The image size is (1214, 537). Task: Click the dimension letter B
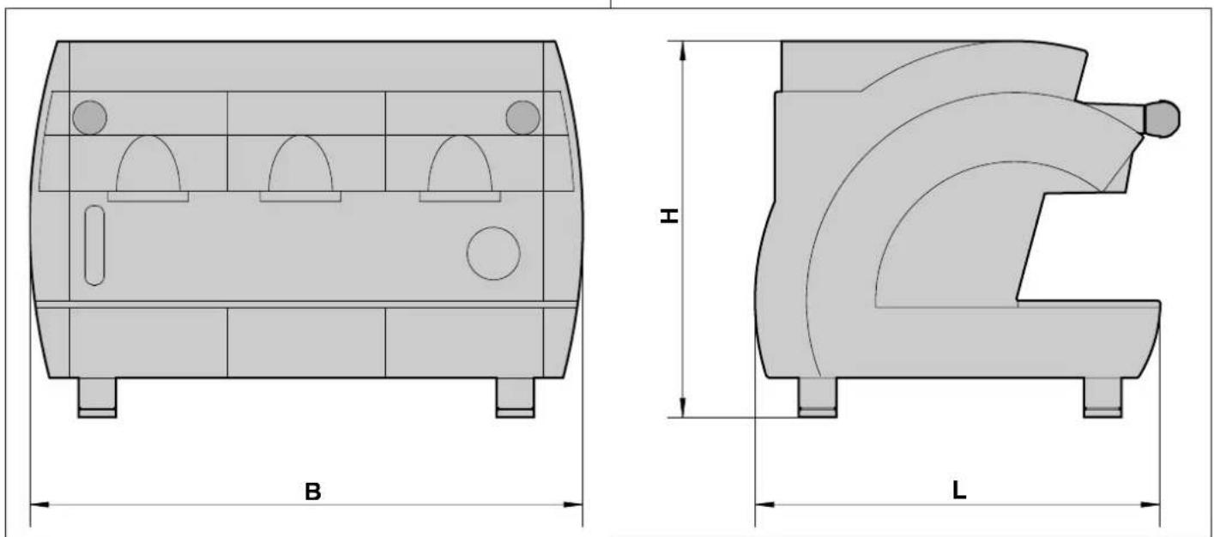point(312,492)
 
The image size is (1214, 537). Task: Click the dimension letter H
point(669,215)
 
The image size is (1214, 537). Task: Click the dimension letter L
point(959,491)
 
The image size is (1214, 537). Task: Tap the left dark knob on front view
point(89,118)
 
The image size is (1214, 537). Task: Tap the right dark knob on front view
point(522,118)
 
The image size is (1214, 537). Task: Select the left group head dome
point(148,163)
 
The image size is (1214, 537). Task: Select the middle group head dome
point(300,163)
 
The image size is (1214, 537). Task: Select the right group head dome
point(460,163)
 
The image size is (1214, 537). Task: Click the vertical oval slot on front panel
point(95,245)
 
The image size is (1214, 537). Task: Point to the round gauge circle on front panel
point(493,253)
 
